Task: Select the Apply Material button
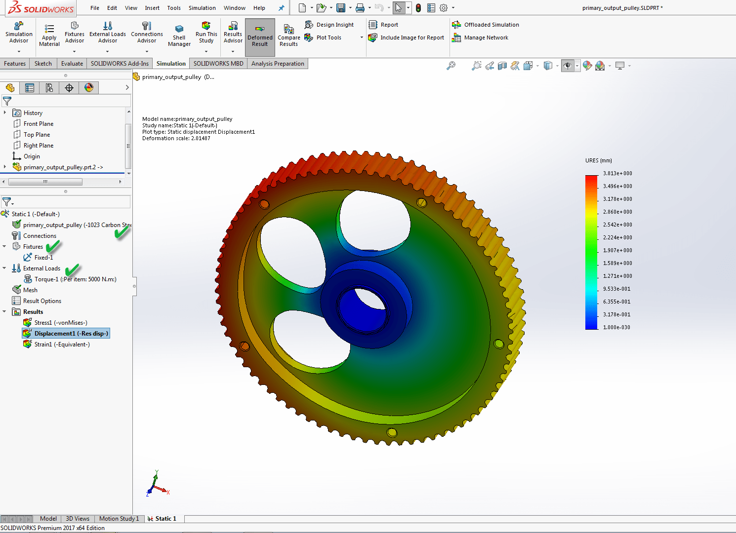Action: coord(49,35)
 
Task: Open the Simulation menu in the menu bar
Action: coord(202,8)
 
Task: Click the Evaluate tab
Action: coord(72,64)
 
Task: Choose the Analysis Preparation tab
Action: coord(277,64)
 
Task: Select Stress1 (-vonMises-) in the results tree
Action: coord(60,323)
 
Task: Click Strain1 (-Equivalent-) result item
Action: coord(62,344)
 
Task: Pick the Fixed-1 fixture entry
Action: coord(43,258)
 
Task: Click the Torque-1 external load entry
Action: coord(75,279)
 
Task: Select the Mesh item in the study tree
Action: coord(30,290)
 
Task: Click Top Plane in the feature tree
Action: coord(37,135)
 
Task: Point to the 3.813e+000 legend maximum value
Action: coord(617,174)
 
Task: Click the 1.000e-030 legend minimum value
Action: coord(616,328)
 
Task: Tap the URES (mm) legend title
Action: coord(599,161)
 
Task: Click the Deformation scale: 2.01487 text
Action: coord(176,139)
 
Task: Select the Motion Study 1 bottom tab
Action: coord(119,519)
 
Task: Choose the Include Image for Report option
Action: coord(411,38)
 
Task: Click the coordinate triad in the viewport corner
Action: coord(157,485)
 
